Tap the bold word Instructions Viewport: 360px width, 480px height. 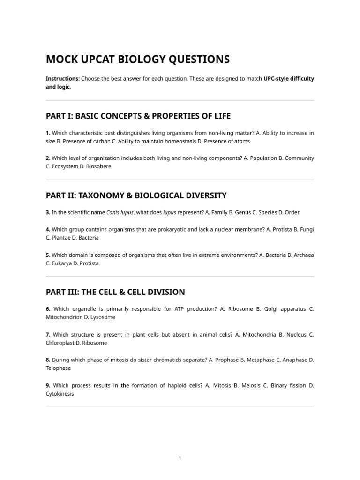(x=62, y=79)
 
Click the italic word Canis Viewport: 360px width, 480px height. (x=113, y=212)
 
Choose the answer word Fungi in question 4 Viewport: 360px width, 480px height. (x=306, y=229)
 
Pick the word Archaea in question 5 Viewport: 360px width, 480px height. (x=303, y=255)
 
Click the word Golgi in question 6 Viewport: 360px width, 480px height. (x=272, y=309)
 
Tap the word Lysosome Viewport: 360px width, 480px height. (x=102, y=317)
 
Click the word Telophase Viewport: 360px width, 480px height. (x=59, y=368)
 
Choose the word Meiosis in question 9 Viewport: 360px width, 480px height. (x=249, y=386)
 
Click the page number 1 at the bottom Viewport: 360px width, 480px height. (x=180, y=458)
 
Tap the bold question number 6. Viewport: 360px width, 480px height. (x=48, y=309)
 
